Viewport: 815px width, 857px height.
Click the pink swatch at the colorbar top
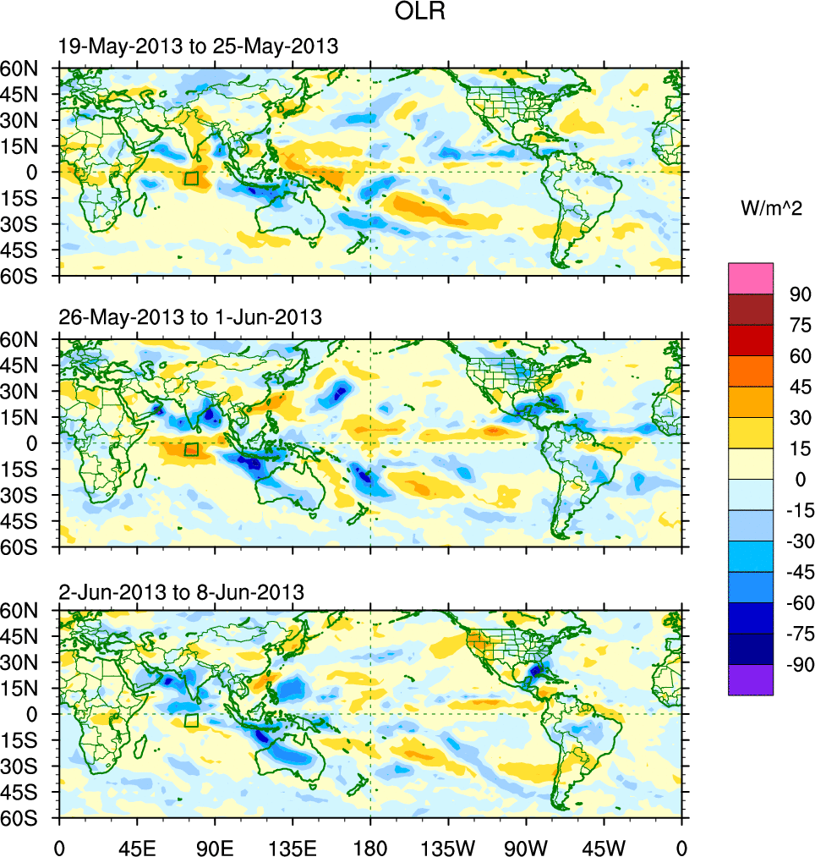(x=751, y=278)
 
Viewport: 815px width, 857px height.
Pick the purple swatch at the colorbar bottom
(x=751, y=680)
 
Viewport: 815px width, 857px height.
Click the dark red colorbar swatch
(x=751, y=309)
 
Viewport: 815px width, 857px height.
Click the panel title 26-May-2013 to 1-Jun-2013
(x=190, y=317)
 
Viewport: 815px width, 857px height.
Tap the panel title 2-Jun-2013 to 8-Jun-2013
(x=182, y=591)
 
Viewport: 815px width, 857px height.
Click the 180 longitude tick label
(x=370, y=846)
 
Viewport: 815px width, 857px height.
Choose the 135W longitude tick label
(x=448, y=846)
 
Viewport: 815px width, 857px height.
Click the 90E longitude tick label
(x=215, y=846)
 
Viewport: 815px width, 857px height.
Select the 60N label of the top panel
(x=24, y=69)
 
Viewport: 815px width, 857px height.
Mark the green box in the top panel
(x=191, y=179)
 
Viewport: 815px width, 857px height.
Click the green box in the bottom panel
(x=191, y=721)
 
